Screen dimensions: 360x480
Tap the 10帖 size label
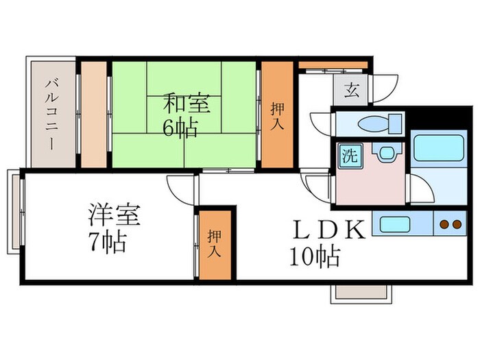point(314,256)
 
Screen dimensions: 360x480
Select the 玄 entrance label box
point(351,91)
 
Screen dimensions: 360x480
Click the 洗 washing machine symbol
point(350,156)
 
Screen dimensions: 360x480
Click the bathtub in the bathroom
point(439,147)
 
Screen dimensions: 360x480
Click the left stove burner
point(444,224)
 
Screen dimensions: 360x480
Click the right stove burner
point(457,224)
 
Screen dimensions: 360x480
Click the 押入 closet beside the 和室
point(277,115)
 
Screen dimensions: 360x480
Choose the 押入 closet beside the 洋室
point(214,244)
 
